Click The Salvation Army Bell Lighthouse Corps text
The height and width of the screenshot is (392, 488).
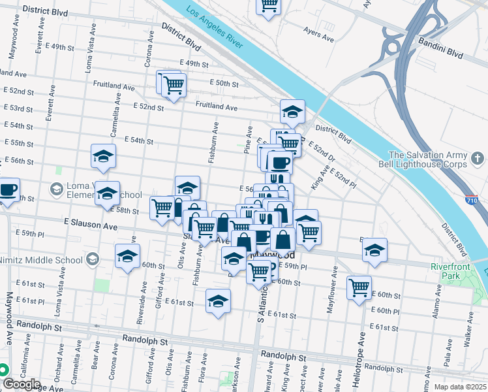click(x=428, y=159)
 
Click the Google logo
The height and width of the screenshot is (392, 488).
click(x=22, y=384)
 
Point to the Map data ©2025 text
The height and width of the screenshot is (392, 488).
click(x=459, y=387)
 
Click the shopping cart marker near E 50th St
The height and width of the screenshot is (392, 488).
click(x=173, y=85)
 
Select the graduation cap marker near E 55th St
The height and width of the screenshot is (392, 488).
click(x=103, y=156)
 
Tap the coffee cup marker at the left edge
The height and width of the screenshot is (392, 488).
click(x=8, y=190)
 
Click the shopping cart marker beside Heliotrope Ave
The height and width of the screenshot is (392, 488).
click(x=359, y=287)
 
